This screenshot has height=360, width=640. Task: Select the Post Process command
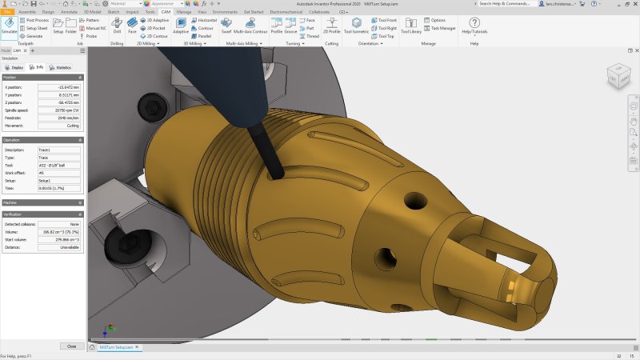tap(37, 20)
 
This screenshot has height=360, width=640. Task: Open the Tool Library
tap(410, 27)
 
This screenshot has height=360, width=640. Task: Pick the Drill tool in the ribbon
tap(117, 26)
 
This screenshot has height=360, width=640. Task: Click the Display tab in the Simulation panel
tap(15, 68)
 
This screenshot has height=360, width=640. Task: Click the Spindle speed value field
tap(59, 110)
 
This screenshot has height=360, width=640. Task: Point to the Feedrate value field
tap(59, 118)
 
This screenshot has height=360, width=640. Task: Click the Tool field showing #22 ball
tap(59, 165)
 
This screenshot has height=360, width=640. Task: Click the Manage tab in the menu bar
tap(184, 13)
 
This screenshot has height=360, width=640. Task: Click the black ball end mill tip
tap(277, 174)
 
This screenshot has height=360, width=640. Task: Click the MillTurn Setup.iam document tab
tap(114, 348)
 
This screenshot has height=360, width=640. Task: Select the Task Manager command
tap(443, 28)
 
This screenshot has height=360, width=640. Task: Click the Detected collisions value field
tap(59, 224)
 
